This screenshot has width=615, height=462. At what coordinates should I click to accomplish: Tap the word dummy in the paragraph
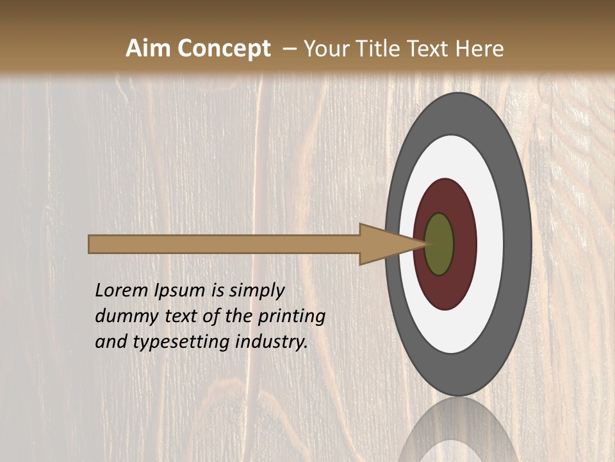point(125,316)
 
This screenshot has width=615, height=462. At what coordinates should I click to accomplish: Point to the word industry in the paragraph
point(269,342)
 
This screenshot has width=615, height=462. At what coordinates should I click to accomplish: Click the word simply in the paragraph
point(256,291)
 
